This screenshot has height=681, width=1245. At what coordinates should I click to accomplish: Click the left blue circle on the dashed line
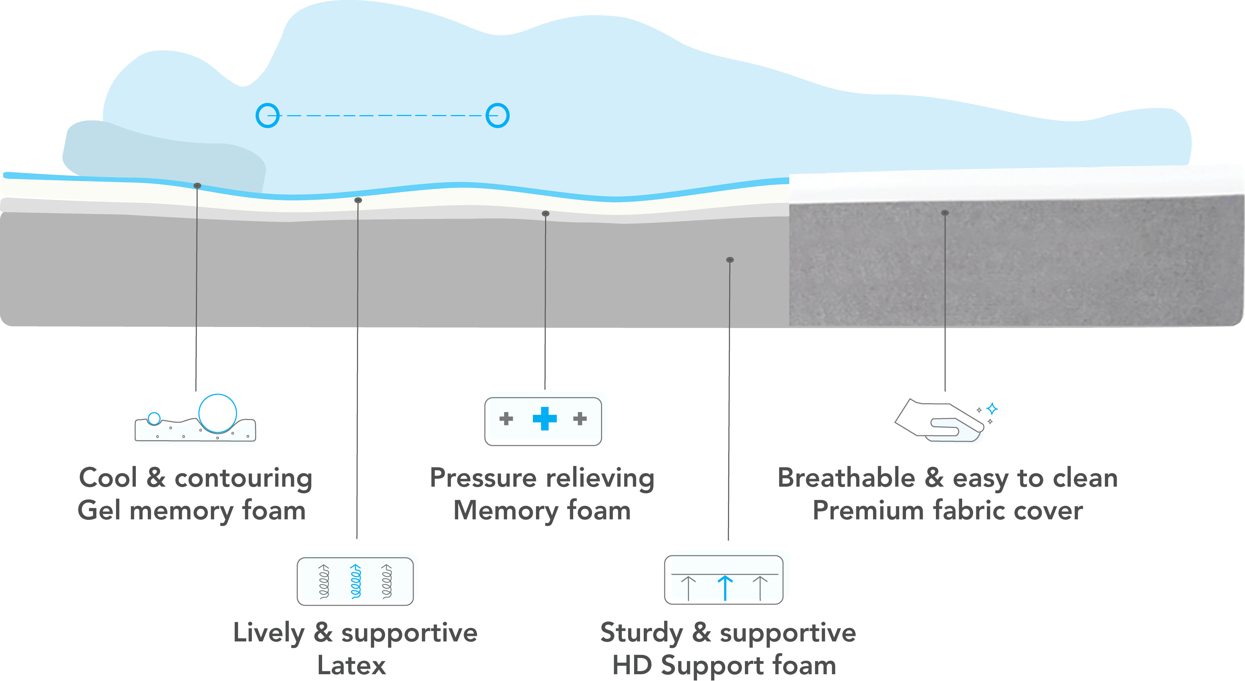coord(267,116)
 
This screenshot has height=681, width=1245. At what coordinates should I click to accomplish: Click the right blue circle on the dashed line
coord(497,116)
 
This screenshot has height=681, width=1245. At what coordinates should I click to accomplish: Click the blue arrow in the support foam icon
coord(725,587)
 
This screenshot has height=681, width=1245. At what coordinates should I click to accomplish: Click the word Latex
coord(351,665)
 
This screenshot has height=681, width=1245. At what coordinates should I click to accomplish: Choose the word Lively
coord(269,633)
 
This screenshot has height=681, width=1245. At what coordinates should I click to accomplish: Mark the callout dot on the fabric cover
coord(945,213)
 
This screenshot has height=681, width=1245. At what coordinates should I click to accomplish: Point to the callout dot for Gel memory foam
coord(197,186)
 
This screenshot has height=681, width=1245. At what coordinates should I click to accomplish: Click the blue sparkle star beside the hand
coord(992,409)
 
